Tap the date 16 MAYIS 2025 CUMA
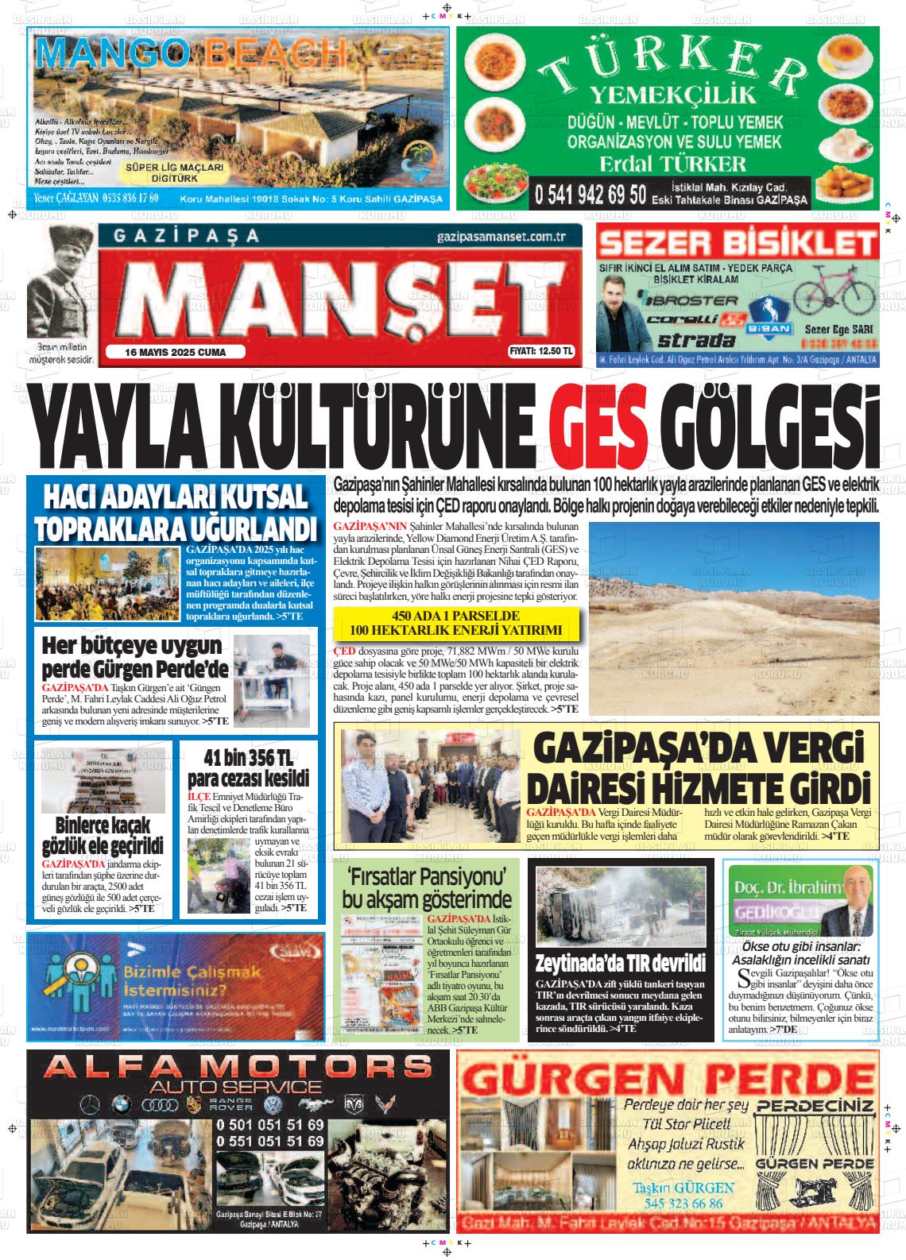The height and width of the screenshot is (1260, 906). (176, 352)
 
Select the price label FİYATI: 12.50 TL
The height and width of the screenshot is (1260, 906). (541, 351)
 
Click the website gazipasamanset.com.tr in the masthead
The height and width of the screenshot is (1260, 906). (500, 238)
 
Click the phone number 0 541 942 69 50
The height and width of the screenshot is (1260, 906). (589, 194)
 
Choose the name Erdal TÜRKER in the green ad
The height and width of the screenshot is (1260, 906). (672, 164)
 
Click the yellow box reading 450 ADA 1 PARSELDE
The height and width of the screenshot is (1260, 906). (455, 624)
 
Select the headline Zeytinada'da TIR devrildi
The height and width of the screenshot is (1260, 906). (620, 964)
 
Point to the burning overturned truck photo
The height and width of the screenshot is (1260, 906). (621, 906)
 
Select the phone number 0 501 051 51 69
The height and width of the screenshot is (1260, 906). (269, 1125)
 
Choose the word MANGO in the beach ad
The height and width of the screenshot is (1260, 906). (112, 54)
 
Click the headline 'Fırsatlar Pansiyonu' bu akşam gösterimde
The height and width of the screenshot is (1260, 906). (427, 888)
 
